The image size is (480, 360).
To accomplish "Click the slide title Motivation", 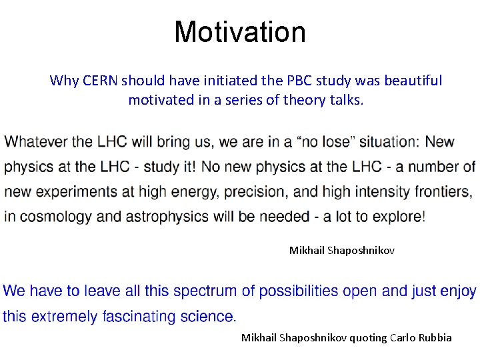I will tap(240, 32).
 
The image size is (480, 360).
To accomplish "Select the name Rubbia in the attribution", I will tap(435, 338).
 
